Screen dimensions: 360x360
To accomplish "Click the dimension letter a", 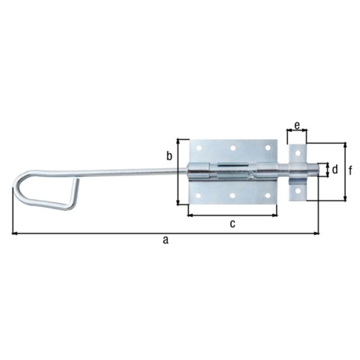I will point(166,240).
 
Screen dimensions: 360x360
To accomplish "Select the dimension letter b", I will point(169,156).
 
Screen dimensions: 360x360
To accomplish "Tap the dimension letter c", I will point(232,223).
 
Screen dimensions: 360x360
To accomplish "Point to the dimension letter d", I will point(335,170).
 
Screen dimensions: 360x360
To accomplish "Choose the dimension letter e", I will point(297,125).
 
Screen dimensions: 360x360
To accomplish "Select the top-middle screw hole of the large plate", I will point(232,148).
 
